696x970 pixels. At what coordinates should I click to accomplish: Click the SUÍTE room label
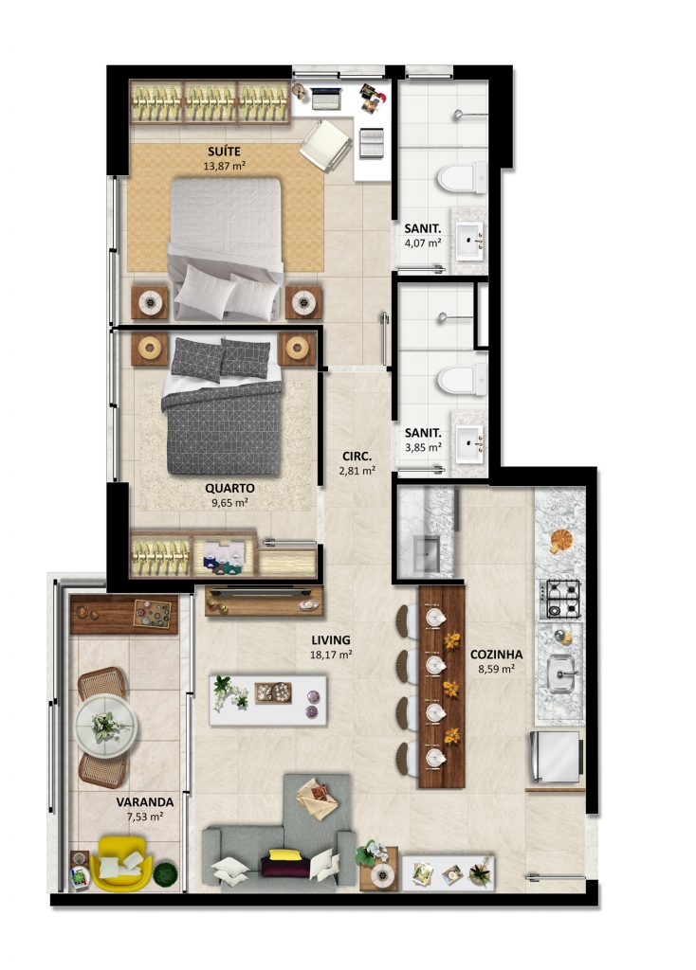point(224,152)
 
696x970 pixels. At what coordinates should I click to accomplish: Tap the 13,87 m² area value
point(224,166)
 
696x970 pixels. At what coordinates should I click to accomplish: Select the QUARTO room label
point(229,488)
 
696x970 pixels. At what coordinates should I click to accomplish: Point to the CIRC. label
point(357,457)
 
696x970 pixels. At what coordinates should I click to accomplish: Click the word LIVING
point(331,640)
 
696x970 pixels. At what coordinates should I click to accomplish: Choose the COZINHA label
point(496,655)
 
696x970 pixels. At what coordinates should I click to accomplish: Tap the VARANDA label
point(145,802)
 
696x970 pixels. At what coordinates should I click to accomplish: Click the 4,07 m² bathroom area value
point(423,243)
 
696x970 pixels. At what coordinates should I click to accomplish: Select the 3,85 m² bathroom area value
point(423,447)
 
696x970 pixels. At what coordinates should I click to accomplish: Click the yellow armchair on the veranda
point(120,864)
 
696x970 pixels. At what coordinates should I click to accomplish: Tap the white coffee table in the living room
point(268,700)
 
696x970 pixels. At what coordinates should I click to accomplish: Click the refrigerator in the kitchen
point(556,757)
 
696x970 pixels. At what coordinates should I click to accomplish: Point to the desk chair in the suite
point(325,145)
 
